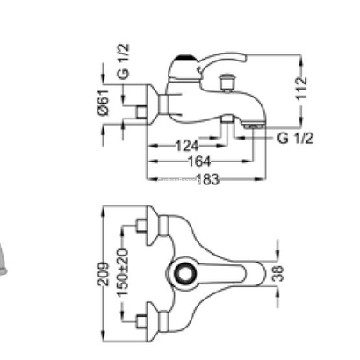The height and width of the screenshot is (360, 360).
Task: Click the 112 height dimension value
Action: coord(302,88)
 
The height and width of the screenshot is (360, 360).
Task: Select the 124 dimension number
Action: coord(187,146)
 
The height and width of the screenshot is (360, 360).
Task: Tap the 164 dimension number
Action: coord(199,162)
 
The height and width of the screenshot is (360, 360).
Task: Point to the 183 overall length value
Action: coord(207,179)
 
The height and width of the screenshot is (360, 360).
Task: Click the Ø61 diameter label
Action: coord(104,102)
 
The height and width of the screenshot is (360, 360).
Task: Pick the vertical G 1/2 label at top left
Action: coord(123,61)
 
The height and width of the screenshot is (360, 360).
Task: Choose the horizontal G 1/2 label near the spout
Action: coord(295,138)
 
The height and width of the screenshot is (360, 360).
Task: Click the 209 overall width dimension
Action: coord(103,274)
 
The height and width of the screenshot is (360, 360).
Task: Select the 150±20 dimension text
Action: coord(123,272)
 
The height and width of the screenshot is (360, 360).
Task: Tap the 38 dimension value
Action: coord(277,273)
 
